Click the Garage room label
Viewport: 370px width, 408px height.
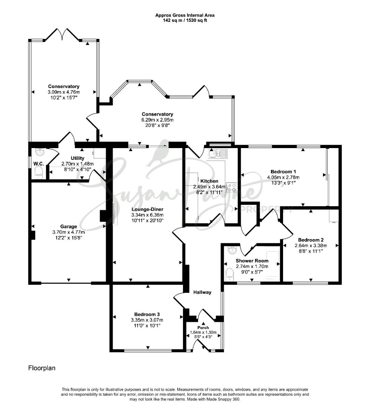click(68, 227)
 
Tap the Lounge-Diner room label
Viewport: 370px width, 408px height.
click(147, 209)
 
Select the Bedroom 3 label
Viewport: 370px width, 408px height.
click(147, 314)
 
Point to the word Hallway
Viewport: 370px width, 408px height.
click(202, 292)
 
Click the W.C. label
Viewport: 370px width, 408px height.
click(39, 164)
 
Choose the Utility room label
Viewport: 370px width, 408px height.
click(77, 158)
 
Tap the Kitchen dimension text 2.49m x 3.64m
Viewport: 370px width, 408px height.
click(209, 187)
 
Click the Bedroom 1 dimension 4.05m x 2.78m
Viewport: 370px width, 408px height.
click(283, 178)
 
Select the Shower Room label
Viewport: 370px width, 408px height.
click(252, 261)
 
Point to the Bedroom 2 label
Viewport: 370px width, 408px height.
click(311, 240)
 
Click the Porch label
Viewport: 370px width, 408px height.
click(203, 328)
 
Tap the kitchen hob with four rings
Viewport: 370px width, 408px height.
click(232, 187)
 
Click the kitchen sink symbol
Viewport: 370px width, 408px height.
click(218, 154)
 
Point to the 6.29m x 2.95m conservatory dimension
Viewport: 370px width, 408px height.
click(158, 120)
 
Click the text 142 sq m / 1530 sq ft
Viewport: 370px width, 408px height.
click(185, 20)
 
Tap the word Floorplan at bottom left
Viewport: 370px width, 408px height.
click(42, 368)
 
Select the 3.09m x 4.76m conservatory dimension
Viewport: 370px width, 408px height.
click(64, 92)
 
